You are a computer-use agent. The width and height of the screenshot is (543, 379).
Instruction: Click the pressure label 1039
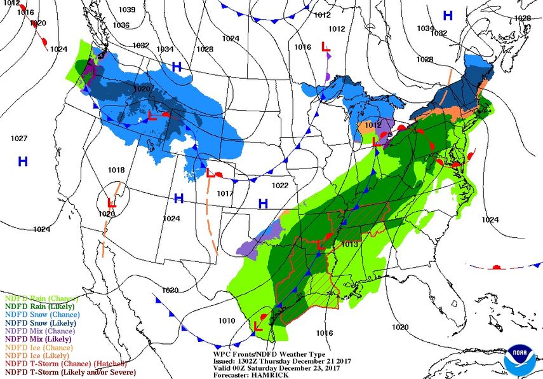point(127,10)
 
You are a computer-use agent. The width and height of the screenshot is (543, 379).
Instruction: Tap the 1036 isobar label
point(121,25)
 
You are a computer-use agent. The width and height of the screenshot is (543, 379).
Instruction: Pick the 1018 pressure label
point(116,170)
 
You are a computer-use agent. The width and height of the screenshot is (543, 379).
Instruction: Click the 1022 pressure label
point(280,186)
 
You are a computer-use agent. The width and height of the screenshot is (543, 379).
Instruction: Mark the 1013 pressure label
point(350,245)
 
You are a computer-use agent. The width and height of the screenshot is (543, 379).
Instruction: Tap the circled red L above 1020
point(111,203)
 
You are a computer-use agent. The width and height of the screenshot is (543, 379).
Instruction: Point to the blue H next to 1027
point(23,162)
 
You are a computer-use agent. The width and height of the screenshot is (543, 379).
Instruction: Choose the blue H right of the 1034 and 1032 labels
point(448,16)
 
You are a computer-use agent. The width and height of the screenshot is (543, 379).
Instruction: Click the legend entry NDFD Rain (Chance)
point(41,298)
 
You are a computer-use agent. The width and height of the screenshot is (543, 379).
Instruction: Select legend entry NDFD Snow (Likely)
point(42,323)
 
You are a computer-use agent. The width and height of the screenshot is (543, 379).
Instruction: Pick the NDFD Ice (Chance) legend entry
point(39,348)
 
